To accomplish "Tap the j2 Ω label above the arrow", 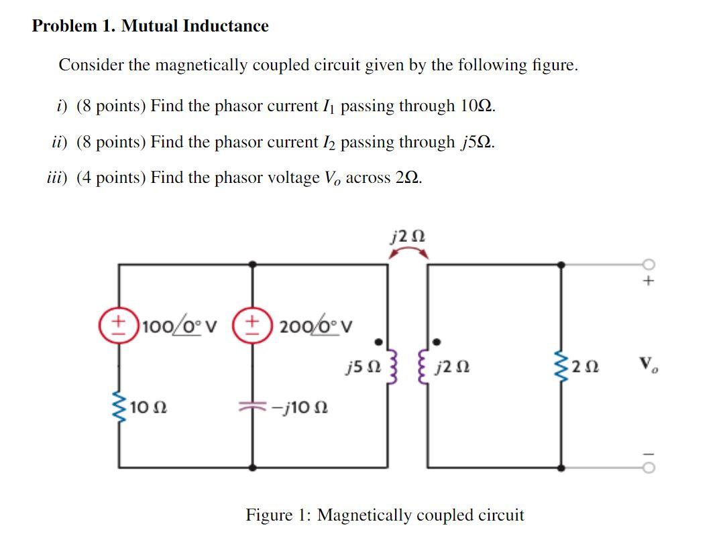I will click(407, 235).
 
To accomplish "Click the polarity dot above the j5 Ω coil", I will click(380, 342).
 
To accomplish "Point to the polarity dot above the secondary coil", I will click(437, 342).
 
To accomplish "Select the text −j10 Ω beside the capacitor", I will click(298, 407).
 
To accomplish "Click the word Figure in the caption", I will click(268, 515).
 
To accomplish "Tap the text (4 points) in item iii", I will click(111, 178).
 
